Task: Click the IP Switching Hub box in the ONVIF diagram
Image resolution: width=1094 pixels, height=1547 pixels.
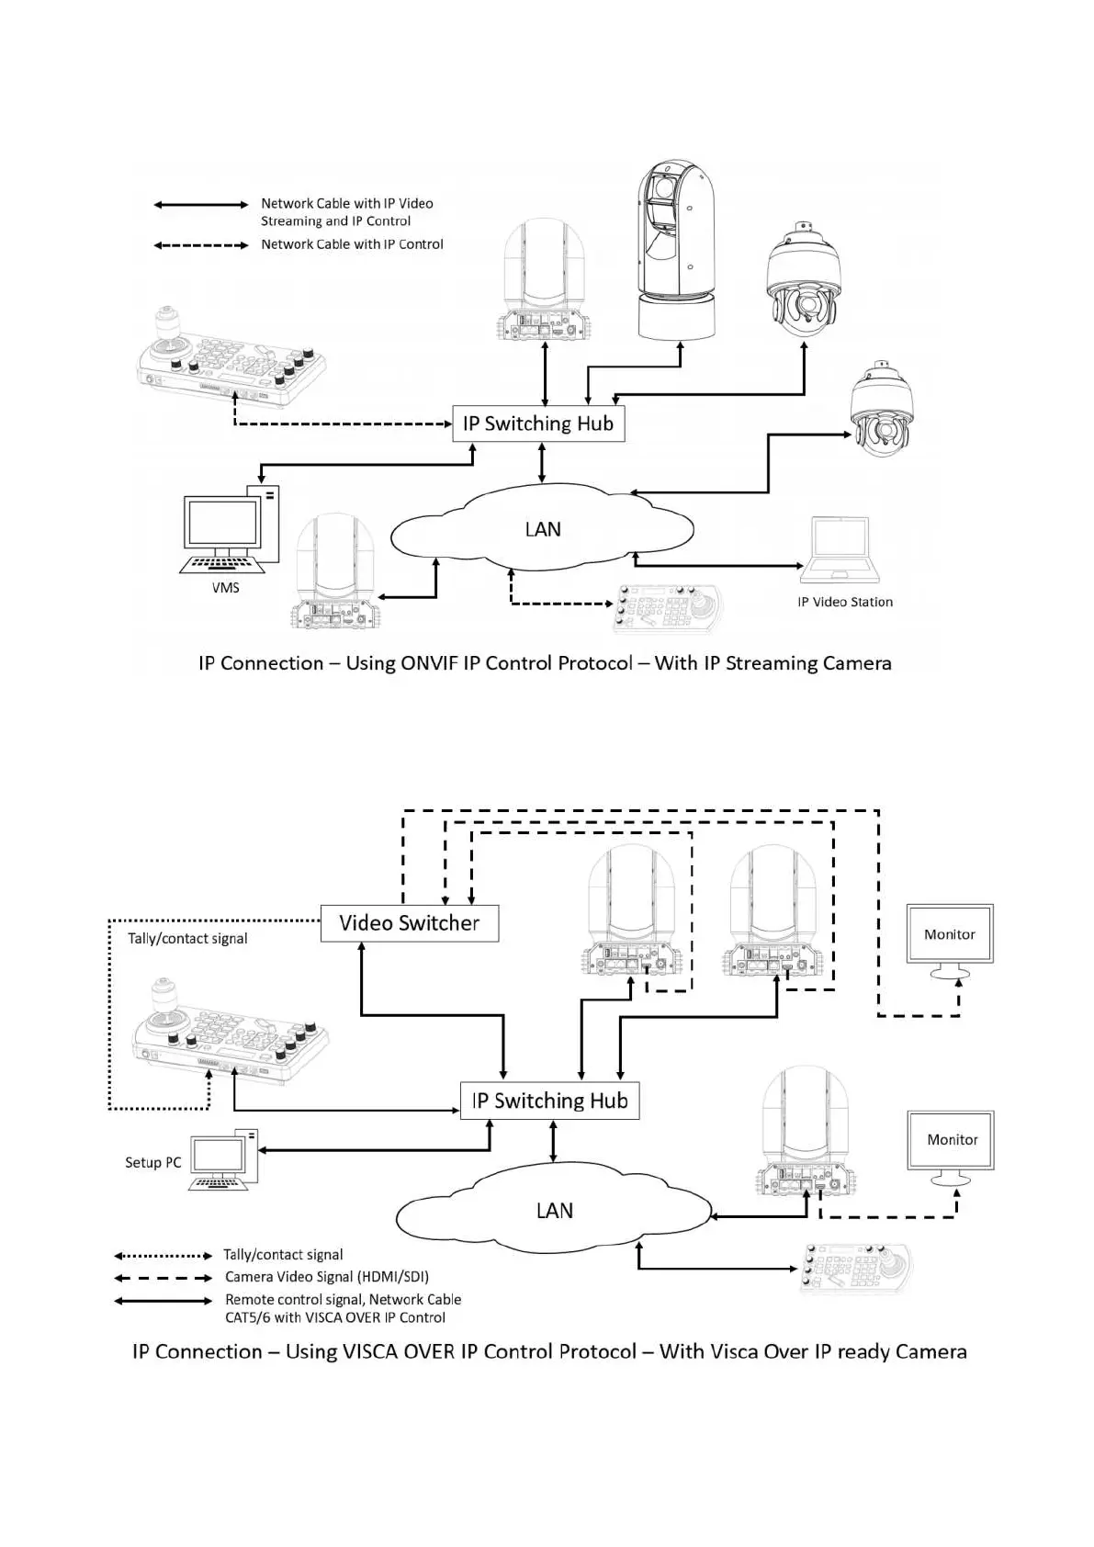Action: (x=538, y=423)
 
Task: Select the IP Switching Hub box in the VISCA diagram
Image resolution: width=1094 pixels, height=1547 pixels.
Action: (x=549, y=1101)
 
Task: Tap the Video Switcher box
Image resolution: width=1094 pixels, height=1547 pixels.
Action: (x=410, y=923)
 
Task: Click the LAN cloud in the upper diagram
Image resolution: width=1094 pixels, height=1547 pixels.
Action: (x=542, y=530)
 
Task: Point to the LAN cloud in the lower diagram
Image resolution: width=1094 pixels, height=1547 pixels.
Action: (x=554, y=1211)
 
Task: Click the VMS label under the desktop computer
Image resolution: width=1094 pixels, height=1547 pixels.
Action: (x=225, y=587)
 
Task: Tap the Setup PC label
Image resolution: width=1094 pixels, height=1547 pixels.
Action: (x=152, y=1162)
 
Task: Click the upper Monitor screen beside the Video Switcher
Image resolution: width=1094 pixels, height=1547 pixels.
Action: (x=950, y=934)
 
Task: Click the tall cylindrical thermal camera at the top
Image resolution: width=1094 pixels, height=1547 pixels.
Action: (x=676, y=248)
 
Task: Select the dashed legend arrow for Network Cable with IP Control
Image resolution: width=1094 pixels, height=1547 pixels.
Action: (x=200, y=245)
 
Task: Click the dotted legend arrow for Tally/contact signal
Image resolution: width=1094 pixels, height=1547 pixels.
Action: (x=163, y=1255)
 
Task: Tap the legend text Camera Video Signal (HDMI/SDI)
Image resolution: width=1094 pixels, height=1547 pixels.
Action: (x=326, y=1277)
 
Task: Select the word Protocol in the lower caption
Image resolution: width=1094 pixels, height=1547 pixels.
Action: (x=593, y=1351)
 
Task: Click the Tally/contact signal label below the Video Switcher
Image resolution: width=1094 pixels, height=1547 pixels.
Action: (x=187, y=938)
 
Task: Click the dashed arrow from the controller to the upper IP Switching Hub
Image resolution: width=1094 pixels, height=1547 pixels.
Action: (x=340, y=424)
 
